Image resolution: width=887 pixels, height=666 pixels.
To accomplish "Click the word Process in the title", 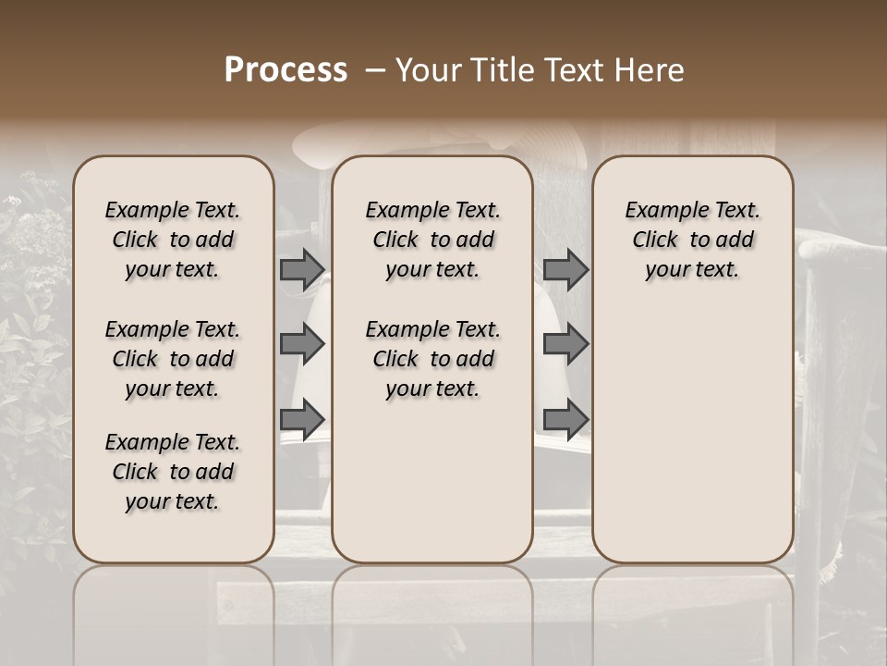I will pos(286,70).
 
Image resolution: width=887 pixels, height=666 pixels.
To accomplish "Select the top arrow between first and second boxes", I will pos(302,269).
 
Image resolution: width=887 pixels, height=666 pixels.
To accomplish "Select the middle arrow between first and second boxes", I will pos(302,344).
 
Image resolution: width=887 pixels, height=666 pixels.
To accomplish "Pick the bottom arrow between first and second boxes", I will pos(302,419).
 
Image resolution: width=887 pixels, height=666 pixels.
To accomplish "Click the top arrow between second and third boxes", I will pos(565,269).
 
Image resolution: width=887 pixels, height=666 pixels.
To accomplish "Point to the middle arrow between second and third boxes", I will pos(565,344).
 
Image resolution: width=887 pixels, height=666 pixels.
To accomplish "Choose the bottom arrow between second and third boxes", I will pos(565,419).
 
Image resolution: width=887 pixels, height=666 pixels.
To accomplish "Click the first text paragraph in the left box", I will pos(173,240).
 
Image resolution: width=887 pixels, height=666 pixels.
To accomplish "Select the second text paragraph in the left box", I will pos(173,359).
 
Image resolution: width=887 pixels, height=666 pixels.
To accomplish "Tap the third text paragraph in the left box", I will pos(173,472).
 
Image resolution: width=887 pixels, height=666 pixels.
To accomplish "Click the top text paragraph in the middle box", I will pos(432,240).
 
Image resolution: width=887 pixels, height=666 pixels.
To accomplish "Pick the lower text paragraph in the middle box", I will pos(432,359).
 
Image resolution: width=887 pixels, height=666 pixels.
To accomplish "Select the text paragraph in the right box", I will pos(693,240).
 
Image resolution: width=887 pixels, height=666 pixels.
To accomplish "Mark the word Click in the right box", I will pos(655,240).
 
